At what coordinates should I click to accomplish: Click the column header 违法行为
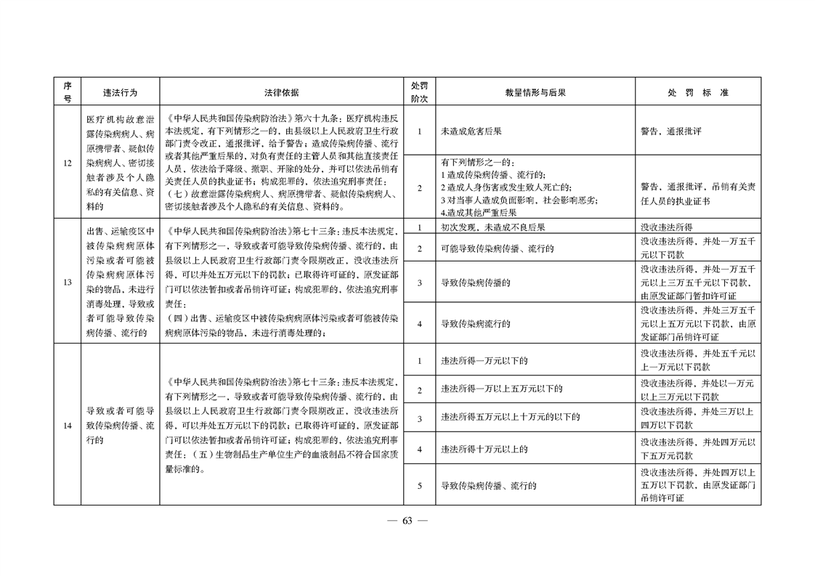(120, 93)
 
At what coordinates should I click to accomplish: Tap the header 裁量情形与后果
(535, 93)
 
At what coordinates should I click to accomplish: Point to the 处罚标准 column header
(697, 93)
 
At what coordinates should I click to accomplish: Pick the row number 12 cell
(67, 163)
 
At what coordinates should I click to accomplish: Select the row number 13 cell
(67, 282)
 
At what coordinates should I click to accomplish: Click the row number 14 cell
(67, 425)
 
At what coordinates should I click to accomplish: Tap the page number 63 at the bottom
(407, 521)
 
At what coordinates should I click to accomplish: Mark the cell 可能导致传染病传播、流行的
(498, 248)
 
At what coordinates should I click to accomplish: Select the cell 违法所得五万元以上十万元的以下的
(510, 417)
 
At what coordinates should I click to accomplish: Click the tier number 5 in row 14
(419, 486)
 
